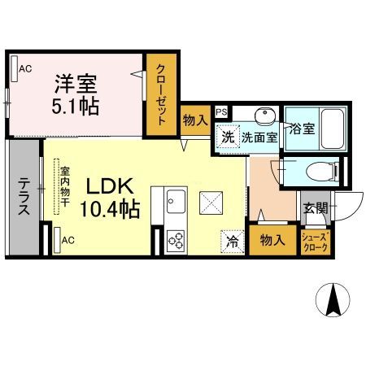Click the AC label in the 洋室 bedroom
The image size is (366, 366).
tap(25, 70)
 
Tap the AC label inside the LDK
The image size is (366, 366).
tap(68, 240)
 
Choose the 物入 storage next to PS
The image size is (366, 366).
tap(195, 120)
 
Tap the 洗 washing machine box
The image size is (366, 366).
tap(229, 137)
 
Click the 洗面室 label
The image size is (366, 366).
tap(259, 137)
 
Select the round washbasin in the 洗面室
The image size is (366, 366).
tap(264, 115)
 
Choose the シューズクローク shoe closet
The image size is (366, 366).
tap(315, 242)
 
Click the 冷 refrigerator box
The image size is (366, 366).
tap(232, 241)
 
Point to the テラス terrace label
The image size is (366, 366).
tap(23, 195)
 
